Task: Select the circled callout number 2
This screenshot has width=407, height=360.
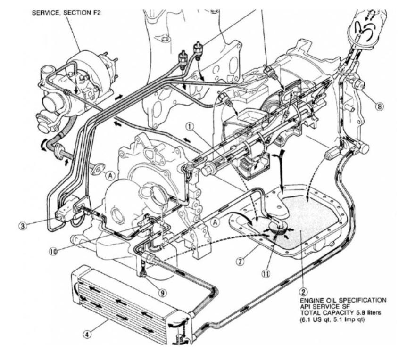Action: (x=303, y=292)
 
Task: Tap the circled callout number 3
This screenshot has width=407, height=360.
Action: (x=23, y=226)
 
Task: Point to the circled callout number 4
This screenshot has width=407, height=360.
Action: (x=87, y=335)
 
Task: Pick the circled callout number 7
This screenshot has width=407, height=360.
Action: (x=241, y=261)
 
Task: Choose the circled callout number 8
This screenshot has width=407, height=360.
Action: (x=380, y=106)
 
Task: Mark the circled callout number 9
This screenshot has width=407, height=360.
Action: (x=163, y=293)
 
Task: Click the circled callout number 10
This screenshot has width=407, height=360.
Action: (x=53, y=251)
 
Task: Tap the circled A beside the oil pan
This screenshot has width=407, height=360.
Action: (x=216, y=222)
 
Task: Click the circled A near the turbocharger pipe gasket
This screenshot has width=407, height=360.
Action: (x=110, y=176)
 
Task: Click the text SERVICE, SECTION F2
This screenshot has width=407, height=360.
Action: (x=66, y=13)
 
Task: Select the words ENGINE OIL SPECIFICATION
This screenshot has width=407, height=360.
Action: (x=343, y=300)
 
